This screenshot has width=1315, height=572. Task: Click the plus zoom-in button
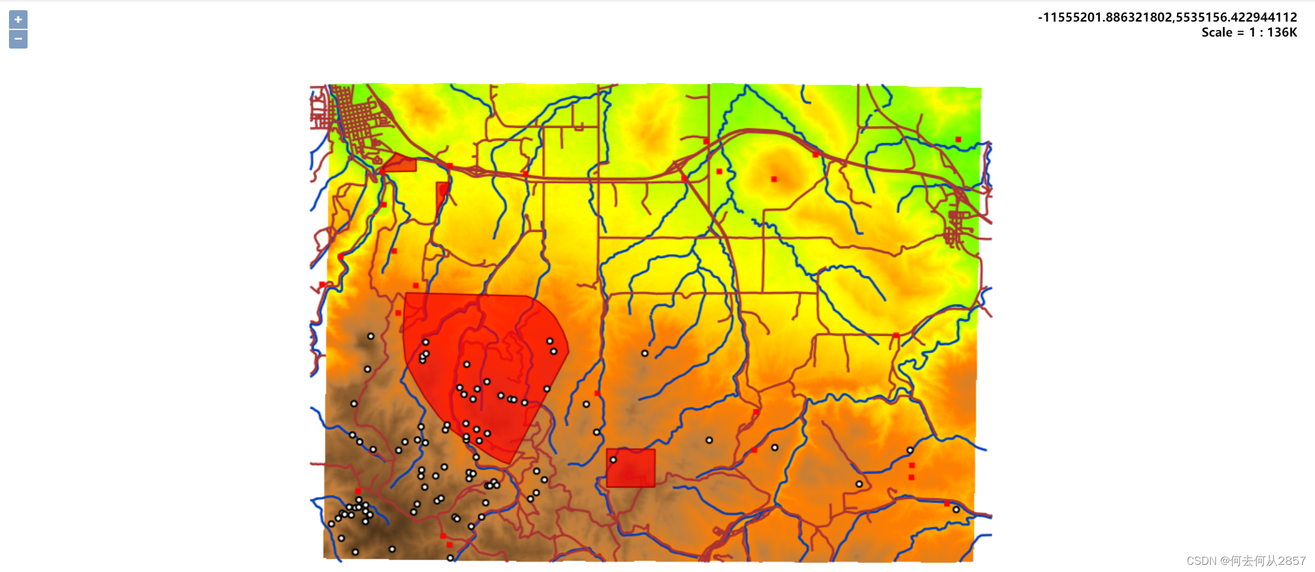click(18, 20)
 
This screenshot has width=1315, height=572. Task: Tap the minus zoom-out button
click(18, 39)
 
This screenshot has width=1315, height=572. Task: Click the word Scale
click(1217, 33)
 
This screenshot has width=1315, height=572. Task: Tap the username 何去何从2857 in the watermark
click(1268, 561)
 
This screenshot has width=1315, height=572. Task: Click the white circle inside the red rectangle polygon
click(613, 460)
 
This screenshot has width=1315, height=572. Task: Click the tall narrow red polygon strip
click(442, 195)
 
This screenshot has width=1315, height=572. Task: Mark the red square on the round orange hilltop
click(774, 179)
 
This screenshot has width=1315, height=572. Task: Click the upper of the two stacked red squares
click(912, 465)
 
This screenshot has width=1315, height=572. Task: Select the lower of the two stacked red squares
click(911, 477)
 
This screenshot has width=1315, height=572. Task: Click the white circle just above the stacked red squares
click(910, 450)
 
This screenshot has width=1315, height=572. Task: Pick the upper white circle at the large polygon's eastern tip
click(549, 341)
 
